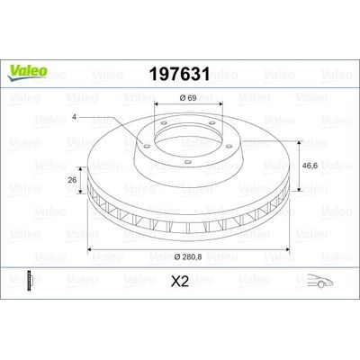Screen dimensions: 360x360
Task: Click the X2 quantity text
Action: [x=179, y=279]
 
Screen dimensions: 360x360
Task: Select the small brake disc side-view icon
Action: [x=33, y=279]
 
